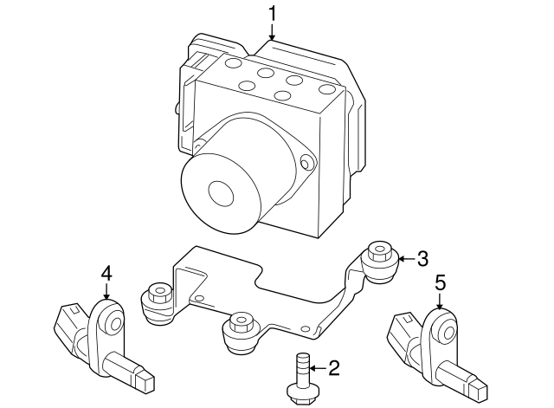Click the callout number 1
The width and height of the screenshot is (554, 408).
[273, 14]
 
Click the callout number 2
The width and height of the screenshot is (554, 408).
[334, 367]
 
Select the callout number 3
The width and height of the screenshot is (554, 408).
[422, 258]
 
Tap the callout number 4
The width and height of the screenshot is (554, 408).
[106, 274]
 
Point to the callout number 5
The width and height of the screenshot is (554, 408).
[440, 282]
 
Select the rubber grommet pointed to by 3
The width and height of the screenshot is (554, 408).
[378, 259]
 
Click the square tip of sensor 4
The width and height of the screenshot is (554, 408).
[145, 379]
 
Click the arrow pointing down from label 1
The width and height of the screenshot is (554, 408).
[273, 33]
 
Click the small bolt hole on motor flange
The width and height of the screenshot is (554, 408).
[305, 161]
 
